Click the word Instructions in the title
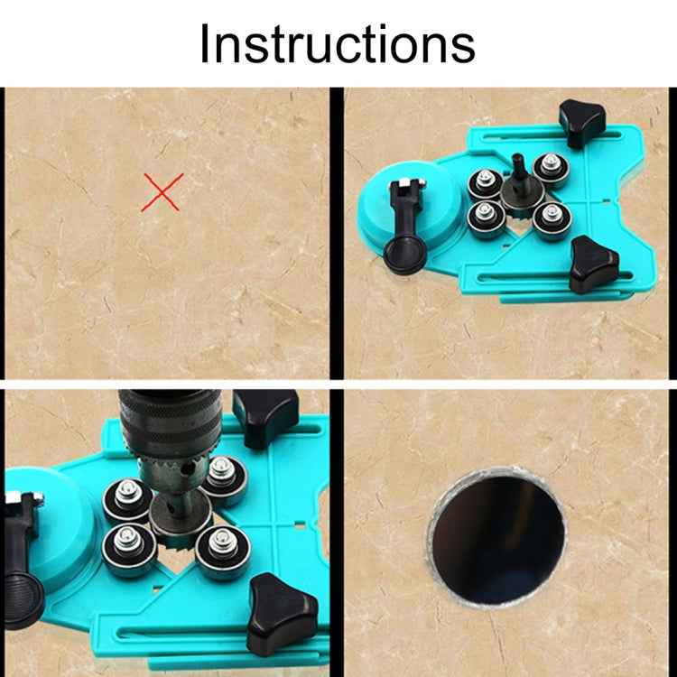pyautogui.click(x=337, y=42)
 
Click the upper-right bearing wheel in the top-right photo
pyautogui.click(x=547, y=168)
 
